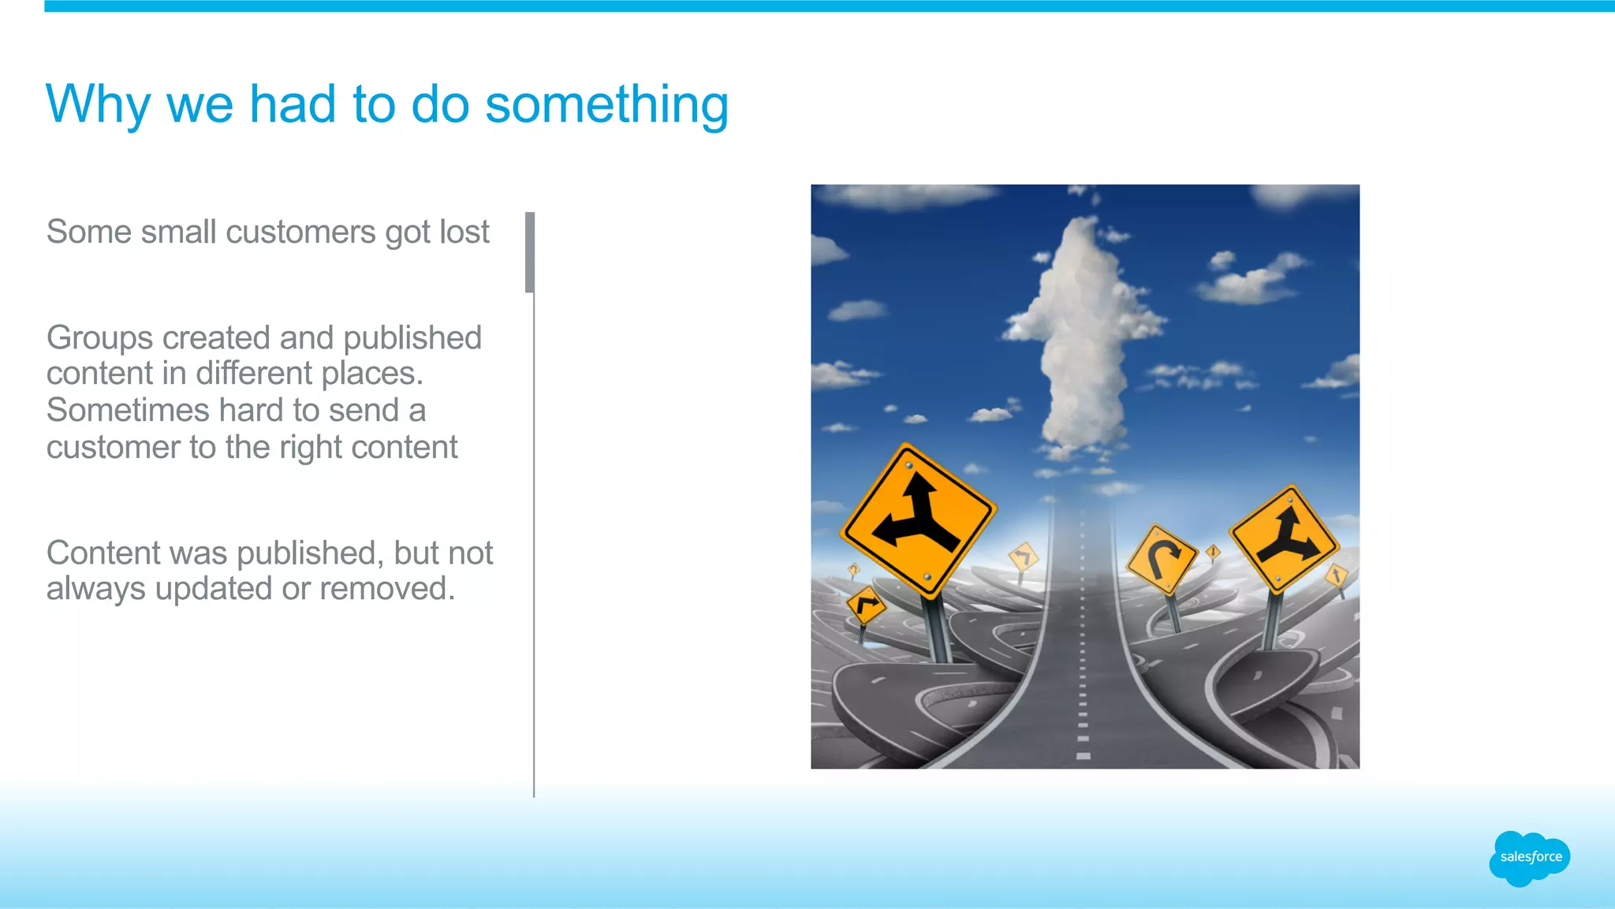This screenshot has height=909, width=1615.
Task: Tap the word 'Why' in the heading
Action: click(x=97, y=105)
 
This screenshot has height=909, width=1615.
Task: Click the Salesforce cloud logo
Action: click(x=1529, y=858)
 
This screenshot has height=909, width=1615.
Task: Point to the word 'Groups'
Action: click(x=99, y=339)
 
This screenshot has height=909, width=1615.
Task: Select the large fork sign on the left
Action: click(x=918, y=520)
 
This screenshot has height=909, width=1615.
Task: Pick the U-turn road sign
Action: click(x=1161, y=558)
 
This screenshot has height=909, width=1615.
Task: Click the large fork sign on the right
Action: click(x=1285, y=539)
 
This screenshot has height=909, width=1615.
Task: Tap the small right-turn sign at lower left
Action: click(x=866, y=605)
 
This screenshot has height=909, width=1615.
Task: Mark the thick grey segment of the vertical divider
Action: click(x=530, y=252)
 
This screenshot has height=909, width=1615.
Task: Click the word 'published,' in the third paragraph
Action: click(x=310, y=553)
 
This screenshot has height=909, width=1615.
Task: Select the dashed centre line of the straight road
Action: click(x=1083, y=670)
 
